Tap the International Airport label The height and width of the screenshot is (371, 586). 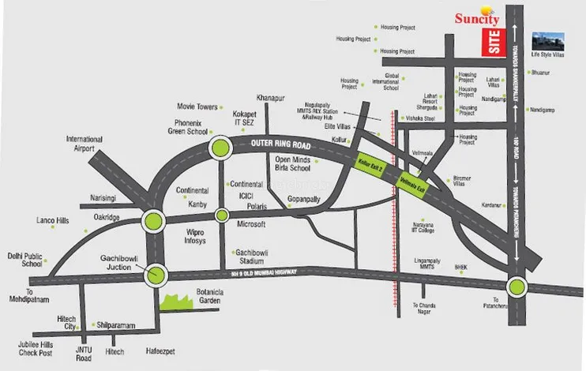(x=85, y=143)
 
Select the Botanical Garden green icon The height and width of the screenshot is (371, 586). (x=178, y=299)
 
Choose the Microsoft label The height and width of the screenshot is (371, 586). (x=251, y=224)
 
